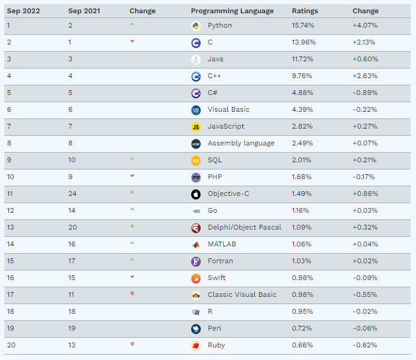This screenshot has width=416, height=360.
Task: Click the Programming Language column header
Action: (x=232, y=11)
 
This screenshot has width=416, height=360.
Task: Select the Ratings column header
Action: (x=305, y=11)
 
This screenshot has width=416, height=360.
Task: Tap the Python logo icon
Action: (x=195, y=26)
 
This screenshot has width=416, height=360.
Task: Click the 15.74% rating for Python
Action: (x=303, y=26)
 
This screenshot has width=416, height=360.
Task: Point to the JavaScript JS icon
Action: (x=195, y=127)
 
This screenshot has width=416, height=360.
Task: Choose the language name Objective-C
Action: (x=229, y=194)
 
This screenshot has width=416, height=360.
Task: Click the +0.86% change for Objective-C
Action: (x=365, y=194)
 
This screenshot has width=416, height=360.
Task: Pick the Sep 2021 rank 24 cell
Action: (x=72, y=194)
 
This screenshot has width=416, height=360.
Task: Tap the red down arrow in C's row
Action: (x=132, y=41)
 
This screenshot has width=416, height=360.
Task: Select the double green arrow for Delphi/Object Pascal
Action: (x=132, y=227)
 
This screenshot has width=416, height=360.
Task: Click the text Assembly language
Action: (x=241, y=144)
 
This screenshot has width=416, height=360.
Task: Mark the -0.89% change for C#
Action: (x=364, y=93)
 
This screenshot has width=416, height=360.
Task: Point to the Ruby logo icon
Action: (x=195, y=346)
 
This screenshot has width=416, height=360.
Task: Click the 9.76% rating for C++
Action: (x=302, y=76)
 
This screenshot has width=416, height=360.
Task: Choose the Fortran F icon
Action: (x=195, y=261)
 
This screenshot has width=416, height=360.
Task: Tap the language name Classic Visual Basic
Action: (x=242, y=295)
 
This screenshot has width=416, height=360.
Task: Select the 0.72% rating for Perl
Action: (x=302, y=329)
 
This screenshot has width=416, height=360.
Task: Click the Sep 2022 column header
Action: (x=23, y=11)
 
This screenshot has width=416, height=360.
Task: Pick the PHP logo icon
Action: (x=195, y=177)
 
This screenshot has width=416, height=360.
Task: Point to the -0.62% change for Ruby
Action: (x=364, y=346)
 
